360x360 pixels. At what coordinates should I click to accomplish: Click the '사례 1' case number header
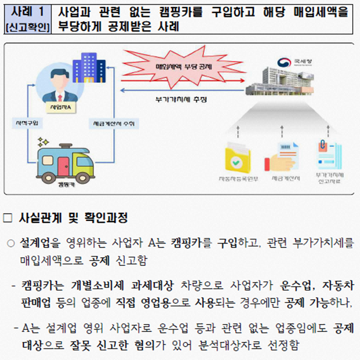click(27, 11)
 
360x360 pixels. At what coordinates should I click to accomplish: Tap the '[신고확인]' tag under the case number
click(27, 27)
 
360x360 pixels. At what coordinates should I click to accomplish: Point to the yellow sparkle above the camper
click(43, 141)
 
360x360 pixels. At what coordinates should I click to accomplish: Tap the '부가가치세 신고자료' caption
click(328, 179)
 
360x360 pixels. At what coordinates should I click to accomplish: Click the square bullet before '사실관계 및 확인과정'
click(7, 217)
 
